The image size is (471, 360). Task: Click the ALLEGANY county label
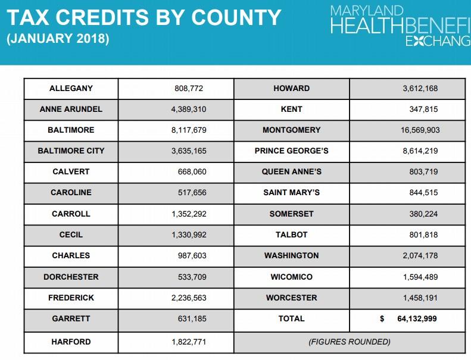pos(71,88)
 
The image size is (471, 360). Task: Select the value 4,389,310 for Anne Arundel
pos(189,109)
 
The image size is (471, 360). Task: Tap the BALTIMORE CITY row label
pos(71,151)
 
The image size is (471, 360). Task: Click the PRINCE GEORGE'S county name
pos(291,151)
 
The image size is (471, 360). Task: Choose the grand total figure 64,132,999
pos(417,319)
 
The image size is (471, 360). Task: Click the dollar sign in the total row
pos(382,319)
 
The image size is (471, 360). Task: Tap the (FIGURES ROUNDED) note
pos(350,342)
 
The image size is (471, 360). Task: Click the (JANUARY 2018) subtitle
pos(58,40)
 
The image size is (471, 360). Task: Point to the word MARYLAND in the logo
pos(367,11)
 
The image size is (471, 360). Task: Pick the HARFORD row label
pos(71,342)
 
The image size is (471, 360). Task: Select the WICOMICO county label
pos(291,277)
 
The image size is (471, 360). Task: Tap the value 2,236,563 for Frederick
pos(189,298)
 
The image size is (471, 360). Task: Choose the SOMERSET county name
pos(291,214)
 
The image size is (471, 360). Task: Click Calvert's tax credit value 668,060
pos(191,172)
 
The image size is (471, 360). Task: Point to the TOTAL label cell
pos(291,319)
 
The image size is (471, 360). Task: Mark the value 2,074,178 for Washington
pos(420,256)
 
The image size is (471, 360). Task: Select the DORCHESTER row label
pos(71,277)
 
